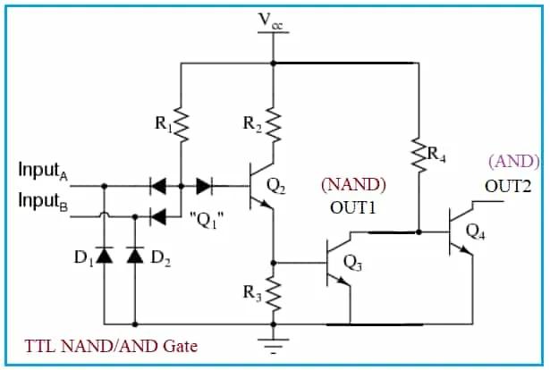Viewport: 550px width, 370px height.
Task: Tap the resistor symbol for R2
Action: (x=274, y=127)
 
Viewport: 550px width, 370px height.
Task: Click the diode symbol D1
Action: (x=105, y=256)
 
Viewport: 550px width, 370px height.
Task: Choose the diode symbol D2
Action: (x=135, y=256)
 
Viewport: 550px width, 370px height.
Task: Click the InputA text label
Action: (x=45, y=171)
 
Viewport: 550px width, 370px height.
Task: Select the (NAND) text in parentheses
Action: (x=353, y=185)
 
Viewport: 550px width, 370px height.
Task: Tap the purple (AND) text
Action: (x=513, y=162)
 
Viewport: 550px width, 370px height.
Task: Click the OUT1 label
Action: (x=352, y=207)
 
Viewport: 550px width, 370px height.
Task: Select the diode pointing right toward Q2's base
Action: (x=204, y=186)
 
